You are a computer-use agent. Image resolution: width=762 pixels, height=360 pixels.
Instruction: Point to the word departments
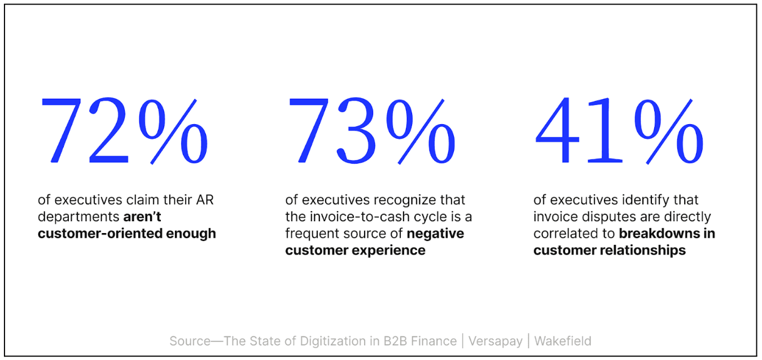click(x=78, y=217)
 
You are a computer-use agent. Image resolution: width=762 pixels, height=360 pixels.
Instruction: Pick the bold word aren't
click(x=142, y=217)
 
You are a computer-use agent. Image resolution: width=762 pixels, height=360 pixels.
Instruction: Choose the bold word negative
click(x=435, y=233)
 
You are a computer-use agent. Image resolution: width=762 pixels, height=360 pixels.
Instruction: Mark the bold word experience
click(x=393, y=250)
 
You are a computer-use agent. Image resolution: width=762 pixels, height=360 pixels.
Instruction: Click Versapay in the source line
click(x=495, y=341)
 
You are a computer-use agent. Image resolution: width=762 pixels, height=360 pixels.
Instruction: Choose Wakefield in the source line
click(x=563, y=341)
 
